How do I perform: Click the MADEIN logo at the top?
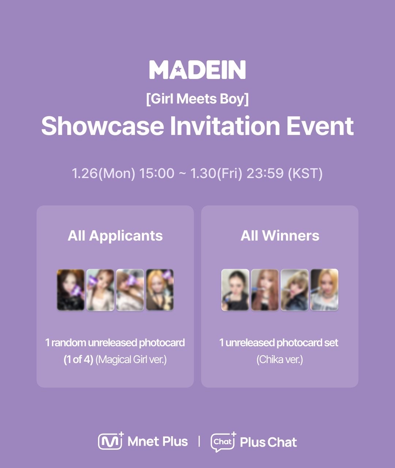click(x=197, y=69)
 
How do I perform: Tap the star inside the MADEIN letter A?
click(x=178, y=69)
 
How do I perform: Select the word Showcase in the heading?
click(x=103, y=126)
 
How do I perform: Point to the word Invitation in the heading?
click(x=225, y=126)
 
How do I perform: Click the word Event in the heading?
click(x=320, y=126)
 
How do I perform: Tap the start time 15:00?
click(x=157, y=173)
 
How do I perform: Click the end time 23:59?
click(x=265, y=173)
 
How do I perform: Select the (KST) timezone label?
click(x=305, y=173)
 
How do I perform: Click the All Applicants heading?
click(x=115, y=236)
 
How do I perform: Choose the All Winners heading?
click(x=280, y=236)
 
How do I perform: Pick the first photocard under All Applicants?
click(x=71, y=290)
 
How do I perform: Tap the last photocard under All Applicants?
click(x=159, y=290)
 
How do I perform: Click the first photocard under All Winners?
click(x=235, y=290)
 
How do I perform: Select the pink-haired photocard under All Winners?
click(x=265, y=290)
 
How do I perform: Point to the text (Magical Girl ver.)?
click(x=131, y=360)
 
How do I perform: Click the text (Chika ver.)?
click(x=280, y=360)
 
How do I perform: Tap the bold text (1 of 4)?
click(x=79, y=360)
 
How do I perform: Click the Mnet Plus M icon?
click(x=111, y=441)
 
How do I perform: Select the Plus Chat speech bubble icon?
click(x=223, y=442)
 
